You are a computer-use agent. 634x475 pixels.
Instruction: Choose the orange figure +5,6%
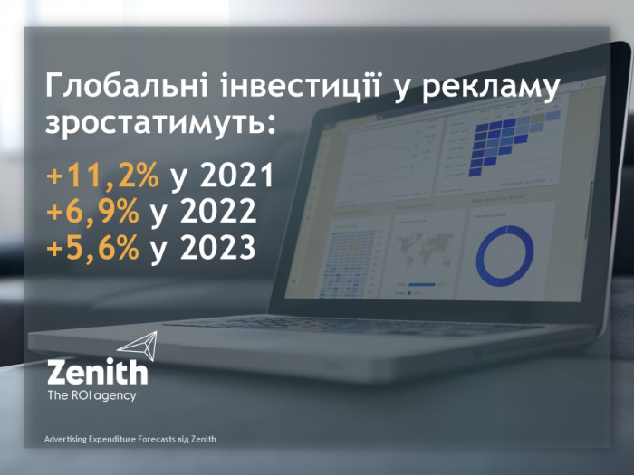pyautogui.click(x=93, y=247)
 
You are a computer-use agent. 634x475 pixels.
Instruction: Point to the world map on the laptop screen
pyautogui.click(x=424, y=246)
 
